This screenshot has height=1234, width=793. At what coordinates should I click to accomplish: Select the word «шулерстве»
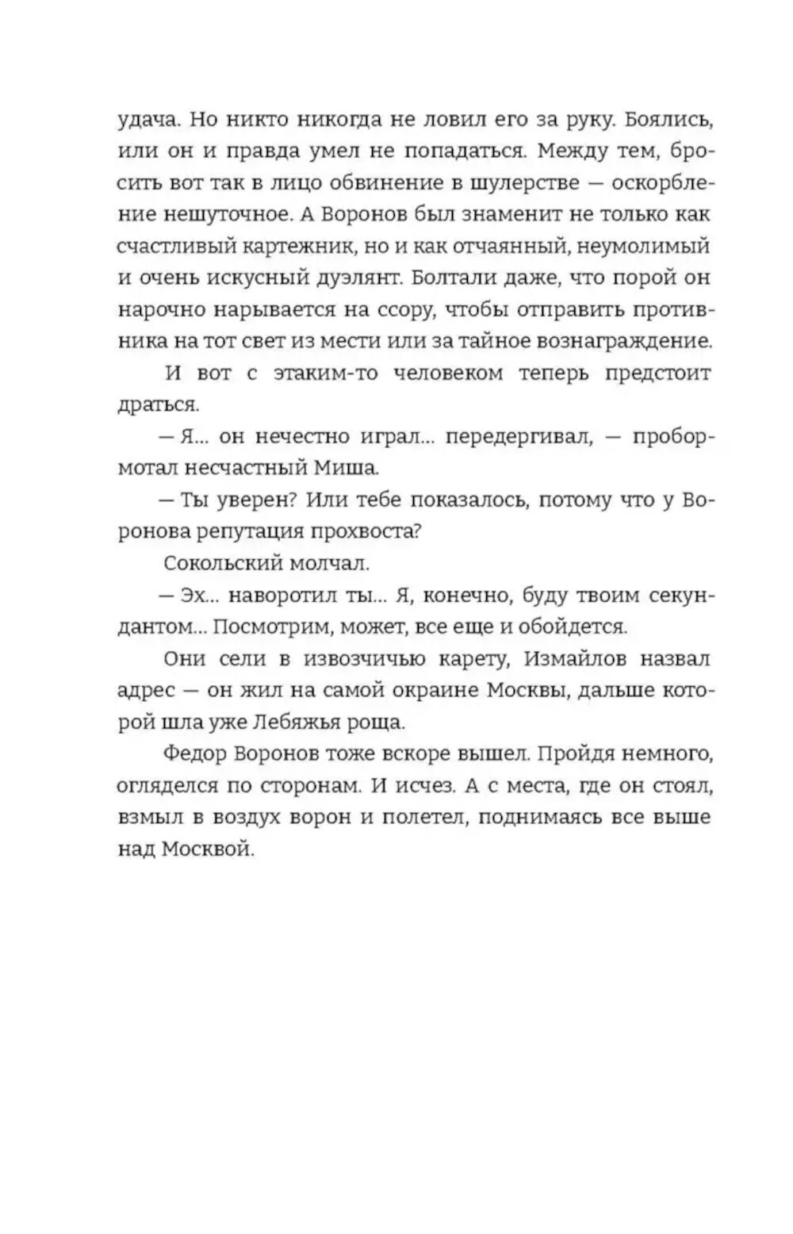[523, 182]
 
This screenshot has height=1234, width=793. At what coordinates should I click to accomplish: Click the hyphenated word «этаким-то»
[325, 374]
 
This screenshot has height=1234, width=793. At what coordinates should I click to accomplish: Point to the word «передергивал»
[518, 437]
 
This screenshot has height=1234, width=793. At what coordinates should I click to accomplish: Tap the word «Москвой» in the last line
[207, 849]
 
